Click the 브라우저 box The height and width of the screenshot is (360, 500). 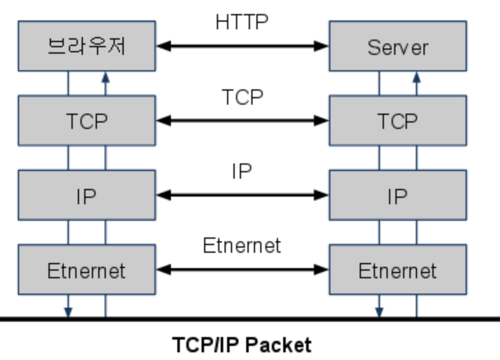[x=86, y=46]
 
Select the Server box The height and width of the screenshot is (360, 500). [x=397, y=46]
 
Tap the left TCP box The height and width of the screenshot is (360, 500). [x=86, y=121]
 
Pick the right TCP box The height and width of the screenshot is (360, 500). [x=397, y=121]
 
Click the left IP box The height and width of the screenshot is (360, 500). [x=86, y=195]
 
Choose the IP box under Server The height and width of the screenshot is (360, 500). [x=397, y=195]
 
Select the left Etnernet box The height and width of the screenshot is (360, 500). [x=86, y=269]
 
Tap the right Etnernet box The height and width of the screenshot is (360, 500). [x=397, y=269]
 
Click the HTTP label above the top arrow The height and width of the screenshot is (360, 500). [x=242, y=22]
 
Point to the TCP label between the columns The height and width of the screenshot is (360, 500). [x=242, y=97]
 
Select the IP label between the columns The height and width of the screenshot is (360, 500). [x=242, y=171]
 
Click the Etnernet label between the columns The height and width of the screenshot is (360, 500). [x=242, y=245]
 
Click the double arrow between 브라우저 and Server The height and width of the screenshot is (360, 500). [x=242, y=46]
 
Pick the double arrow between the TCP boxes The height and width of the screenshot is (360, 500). [x=242, y=121]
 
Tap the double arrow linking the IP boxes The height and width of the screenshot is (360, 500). [x=242, y=195]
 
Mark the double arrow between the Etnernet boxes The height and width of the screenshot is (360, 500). [x=242, y=269]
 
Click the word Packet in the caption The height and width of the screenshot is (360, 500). [x=279, y=345]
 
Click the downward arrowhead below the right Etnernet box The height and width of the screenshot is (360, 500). [x=379, y=312]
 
